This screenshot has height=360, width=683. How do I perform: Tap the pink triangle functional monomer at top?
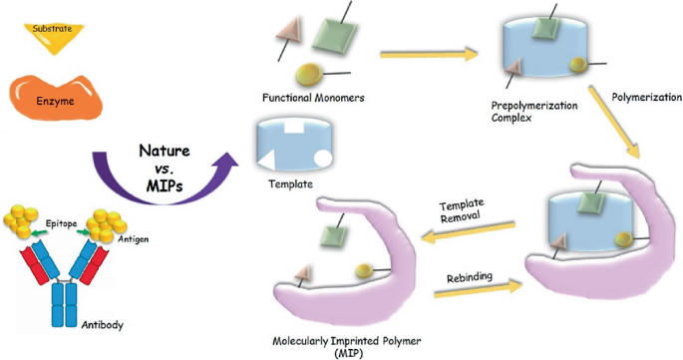tap(288, 40)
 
